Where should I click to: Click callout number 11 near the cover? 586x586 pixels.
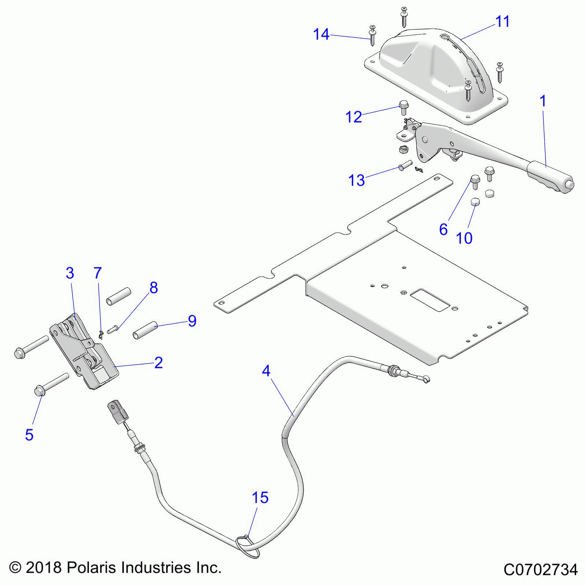coord(502,22)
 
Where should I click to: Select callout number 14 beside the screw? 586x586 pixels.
coord(321,34)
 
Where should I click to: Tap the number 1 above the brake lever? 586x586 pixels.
coord(543,101)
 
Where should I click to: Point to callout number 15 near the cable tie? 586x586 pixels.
coord(260,498)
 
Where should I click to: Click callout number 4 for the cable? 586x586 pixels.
coord(266,371)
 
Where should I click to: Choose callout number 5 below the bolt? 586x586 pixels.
coord(29,435)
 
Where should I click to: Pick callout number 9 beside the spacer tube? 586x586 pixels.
coord(192,321)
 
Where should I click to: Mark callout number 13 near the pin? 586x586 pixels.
coord(356,180)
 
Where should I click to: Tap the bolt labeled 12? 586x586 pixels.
coord(403,107)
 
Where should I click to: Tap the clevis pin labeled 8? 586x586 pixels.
coord(112,330)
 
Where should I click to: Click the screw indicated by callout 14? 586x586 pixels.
coord(372,36)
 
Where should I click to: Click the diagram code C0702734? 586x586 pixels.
coord(541,570)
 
